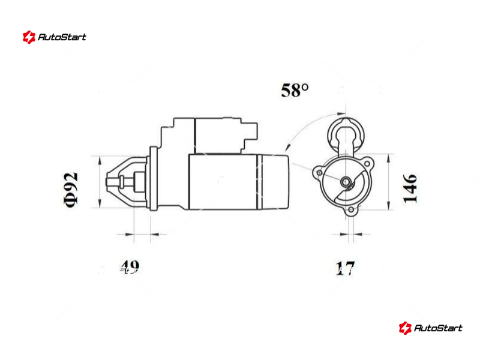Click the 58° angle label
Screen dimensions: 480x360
295,91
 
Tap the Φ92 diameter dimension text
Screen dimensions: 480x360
71,190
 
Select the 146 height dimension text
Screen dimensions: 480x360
410,188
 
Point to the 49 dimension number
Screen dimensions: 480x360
130,267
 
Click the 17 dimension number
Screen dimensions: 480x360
346,268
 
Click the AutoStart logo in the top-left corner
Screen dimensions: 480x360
55,37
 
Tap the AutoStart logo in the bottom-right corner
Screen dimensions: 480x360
430,328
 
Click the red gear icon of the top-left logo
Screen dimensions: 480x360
29,37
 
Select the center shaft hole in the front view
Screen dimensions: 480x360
346,182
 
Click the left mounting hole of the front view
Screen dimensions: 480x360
319,173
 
